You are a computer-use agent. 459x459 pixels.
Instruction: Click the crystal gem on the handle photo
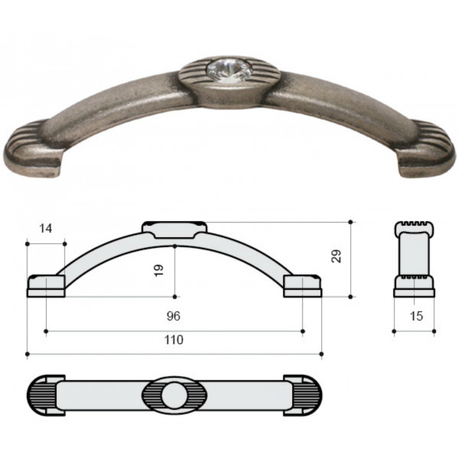click(229, 70)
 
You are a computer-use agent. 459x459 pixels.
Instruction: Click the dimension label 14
click(46, 228)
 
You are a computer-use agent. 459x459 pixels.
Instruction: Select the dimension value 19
click(158, 270)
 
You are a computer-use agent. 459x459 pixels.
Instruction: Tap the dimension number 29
click(337, 256)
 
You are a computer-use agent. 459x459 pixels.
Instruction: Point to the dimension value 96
click(174, 316)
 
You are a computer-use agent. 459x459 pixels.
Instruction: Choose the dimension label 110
click(174, 340)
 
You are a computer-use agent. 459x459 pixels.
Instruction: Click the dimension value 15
click(416, 316)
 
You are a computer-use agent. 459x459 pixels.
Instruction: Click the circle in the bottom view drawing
click(174, 396)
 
